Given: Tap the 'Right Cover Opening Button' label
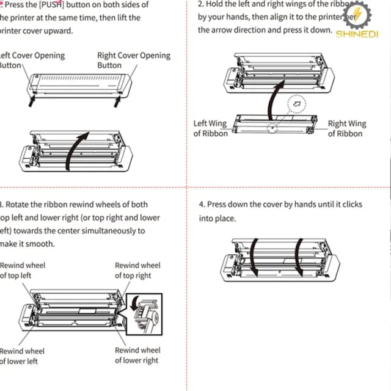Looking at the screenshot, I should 134,60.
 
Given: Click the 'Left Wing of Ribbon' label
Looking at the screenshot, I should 210,128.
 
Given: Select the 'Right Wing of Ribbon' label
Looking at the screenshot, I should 347,128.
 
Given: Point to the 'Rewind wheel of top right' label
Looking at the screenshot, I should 137,270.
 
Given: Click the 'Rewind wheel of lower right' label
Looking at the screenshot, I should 137,355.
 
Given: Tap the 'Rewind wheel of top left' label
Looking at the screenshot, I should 22,270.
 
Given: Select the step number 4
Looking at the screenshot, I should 202,205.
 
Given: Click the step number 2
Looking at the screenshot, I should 201,4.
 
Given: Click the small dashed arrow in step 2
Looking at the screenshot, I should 296,103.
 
